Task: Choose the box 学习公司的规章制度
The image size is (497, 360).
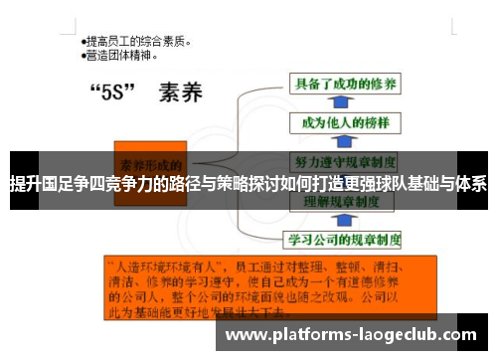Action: point(344,240)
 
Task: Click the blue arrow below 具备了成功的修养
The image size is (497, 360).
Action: point(339,103)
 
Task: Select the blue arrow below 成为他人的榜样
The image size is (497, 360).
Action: point(339,141)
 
